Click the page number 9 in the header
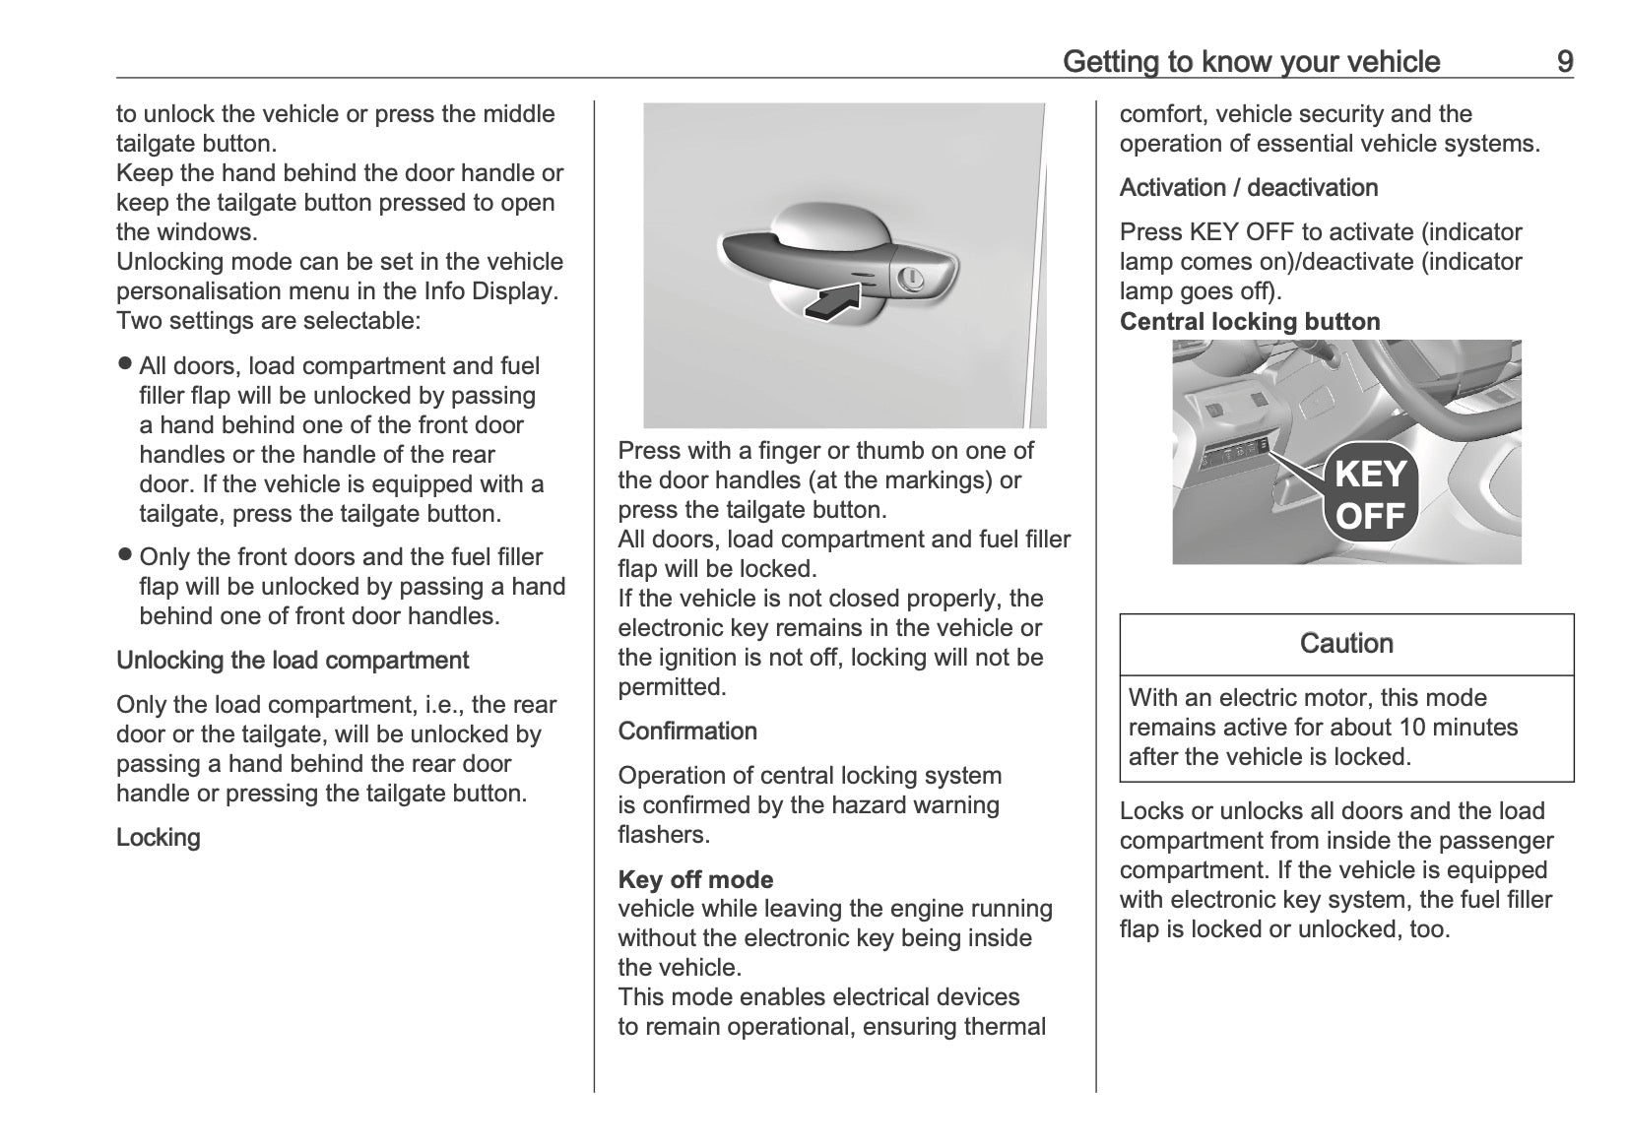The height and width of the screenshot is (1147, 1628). [x=1564, y=62]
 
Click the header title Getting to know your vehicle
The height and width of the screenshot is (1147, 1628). [x=1251, y=62]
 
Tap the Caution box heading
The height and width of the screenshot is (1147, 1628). [x=1346, y=644]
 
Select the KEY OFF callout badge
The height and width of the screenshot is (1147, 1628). [x=1370, y=495]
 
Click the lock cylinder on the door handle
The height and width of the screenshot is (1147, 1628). [x=911, y=278]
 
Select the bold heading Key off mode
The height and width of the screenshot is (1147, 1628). [x=695, y=879]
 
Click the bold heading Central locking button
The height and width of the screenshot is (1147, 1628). [x=1249, y=322]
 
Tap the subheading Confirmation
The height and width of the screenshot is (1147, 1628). [x=687, y=731]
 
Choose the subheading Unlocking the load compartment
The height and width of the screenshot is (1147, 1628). [x=293, y=660]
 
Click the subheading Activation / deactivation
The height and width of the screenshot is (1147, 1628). [x=1248, y=187]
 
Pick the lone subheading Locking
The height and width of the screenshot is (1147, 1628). [x=158, y=837]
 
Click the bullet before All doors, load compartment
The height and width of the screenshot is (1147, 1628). [x=124, y=363]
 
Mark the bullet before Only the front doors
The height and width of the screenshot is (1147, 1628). [x=124, y=554]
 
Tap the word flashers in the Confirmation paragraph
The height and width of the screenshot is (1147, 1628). [x=663, y=835]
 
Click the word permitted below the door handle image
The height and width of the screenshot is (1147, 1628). [x=672, y=687]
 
